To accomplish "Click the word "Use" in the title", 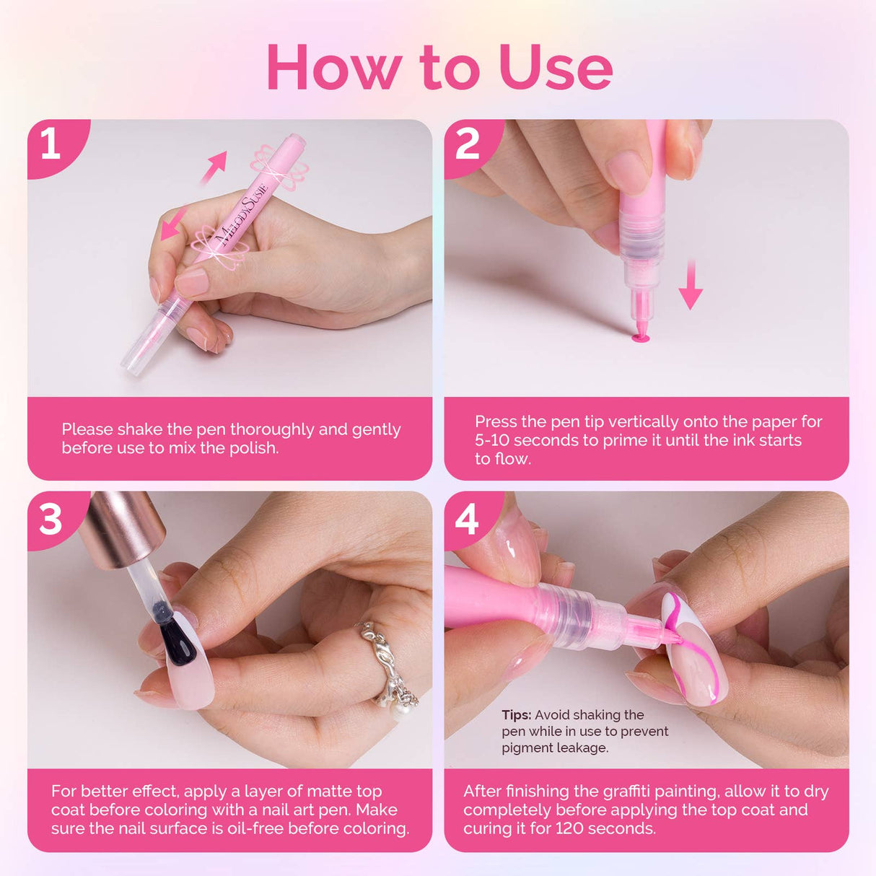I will tap(555, 67).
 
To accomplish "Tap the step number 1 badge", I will tap(51, 144).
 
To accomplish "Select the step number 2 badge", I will tap(468, 144).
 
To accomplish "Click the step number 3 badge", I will tap(51, 519).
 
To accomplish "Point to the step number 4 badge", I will tap(467, 519).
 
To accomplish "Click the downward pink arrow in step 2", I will tap(691, 286).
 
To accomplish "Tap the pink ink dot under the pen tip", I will tap(640, 337).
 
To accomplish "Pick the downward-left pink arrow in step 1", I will tap(173, 223).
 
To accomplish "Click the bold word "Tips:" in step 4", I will tap(517, 715).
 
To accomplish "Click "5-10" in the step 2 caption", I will tap(492, 440).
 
